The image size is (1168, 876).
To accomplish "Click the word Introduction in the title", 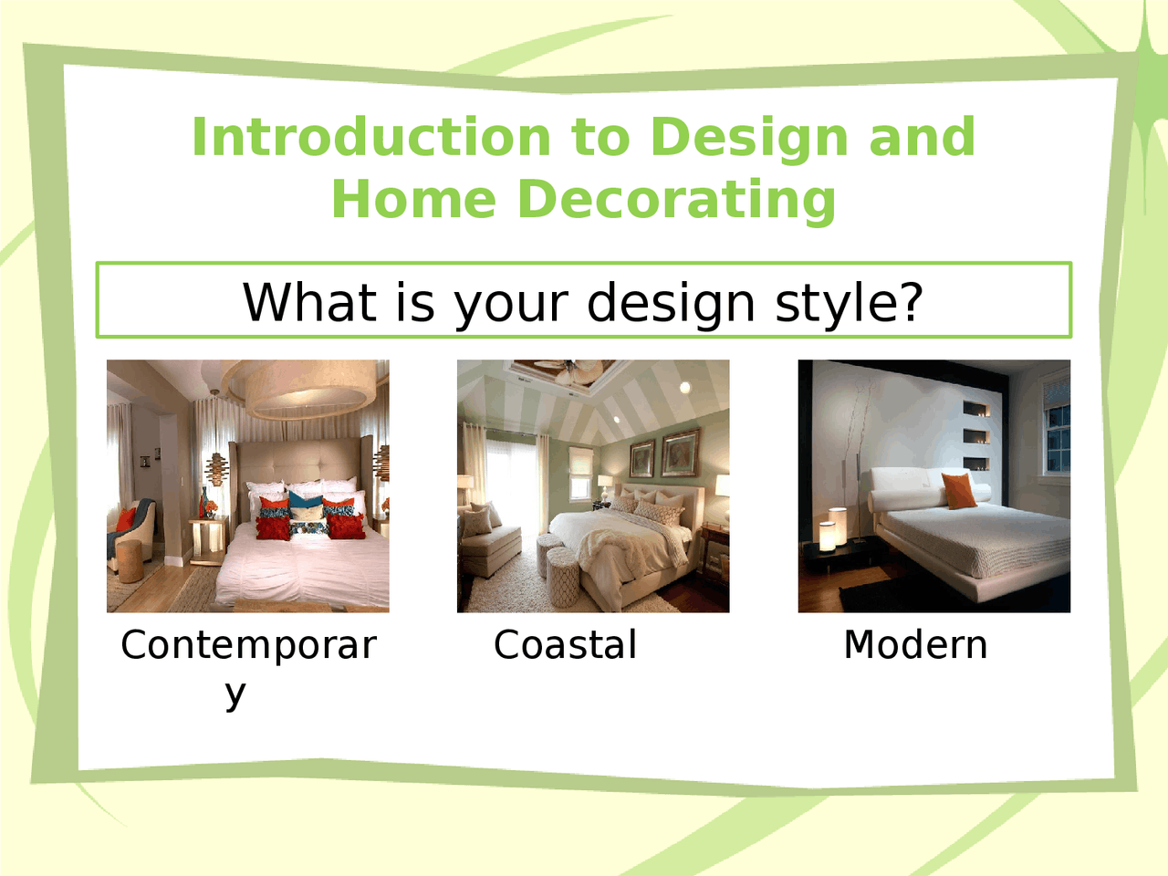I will click(370, 137).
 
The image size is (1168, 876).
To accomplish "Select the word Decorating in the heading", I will click(675, 199).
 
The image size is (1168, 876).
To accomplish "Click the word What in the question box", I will click(308, 302).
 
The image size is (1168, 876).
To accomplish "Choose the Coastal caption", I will click(565, 645).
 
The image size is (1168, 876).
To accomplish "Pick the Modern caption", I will click(915, 645).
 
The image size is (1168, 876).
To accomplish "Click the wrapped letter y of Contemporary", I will click(235, 693).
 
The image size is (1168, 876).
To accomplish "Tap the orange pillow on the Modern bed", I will click(958, 490).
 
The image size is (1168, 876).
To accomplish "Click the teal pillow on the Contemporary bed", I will click(305, 501).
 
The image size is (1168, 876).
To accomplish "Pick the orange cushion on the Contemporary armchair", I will click(125, 518).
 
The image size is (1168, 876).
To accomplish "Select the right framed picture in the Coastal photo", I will click(680, 453).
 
